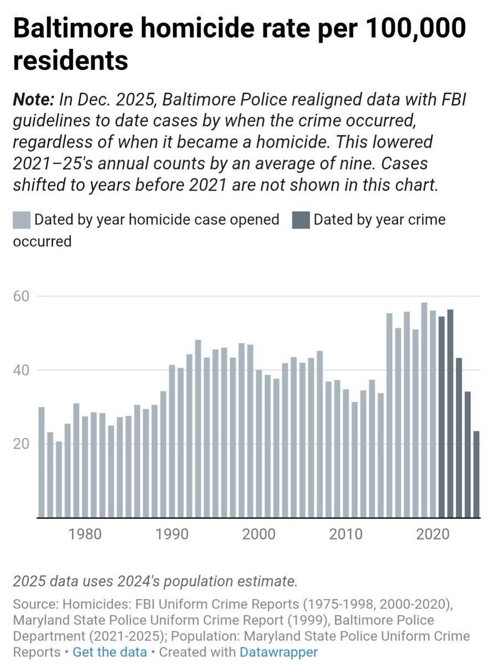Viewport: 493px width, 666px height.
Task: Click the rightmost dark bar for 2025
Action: [476, 475]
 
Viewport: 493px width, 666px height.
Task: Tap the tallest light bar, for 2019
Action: [424, 410]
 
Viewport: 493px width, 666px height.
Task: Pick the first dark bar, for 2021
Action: [441, 417]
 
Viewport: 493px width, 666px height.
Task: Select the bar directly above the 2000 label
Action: [259, 443]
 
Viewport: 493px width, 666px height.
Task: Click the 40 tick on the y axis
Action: [21, 370]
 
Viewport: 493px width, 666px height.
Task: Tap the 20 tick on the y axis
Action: [21, 444]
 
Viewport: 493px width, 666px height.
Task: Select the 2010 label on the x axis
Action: [346, 534]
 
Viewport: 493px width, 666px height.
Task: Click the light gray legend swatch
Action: [21, 220]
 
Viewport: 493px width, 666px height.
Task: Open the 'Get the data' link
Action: [110, 652]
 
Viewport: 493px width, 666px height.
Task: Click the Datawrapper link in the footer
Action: [278, 652]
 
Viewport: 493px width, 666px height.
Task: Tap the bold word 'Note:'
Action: [33, 101]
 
